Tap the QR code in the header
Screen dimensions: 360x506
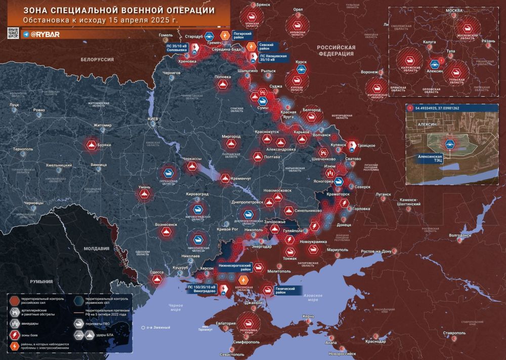pyautogui.click(x=13, y=34)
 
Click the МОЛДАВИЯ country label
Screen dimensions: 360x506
pyautogui.click(x=96, y=249)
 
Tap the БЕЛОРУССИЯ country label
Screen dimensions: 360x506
pyautogui.click(x=97, y=59)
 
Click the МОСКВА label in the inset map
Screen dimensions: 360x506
pyautogui.click(x=453, y=11)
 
